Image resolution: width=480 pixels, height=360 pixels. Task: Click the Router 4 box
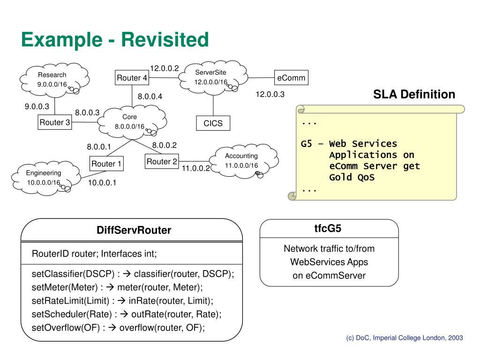tap(132, 78)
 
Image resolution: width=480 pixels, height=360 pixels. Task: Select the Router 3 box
tap(55, 122)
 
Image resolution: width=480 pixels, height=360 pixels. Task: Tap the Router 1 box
tap(106, 164)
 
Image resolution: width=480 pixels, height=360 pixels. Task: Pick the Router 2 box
tap(162, 162)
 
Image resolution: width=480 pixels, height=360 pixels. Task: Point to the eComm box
tap(291, 78)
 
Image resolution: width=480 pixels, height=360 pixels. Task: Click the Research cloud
tap(53, 79)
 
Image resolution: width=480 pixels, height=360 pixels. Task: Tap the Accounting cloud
tap(241, 161)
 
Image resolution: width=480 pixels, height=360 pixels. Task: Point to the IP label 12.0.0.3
tap(270, 94)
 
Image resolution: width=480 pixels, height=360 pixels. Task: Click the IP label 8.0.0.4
tap(150, 97)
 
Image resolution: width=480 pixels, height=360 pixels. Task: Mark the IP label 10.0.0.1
tap(102, 183)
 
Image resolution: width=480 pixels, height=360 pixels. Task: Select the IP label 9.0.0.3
tap(37, 106)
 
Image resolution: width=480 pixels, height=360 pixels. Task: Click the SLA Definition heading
tap(414, 95)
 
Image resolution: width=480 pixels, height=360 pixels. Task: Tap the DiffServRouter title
tap(134, 230)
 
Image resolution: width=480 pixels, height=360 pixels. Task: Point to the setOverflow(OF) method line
tap(118, 328)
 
